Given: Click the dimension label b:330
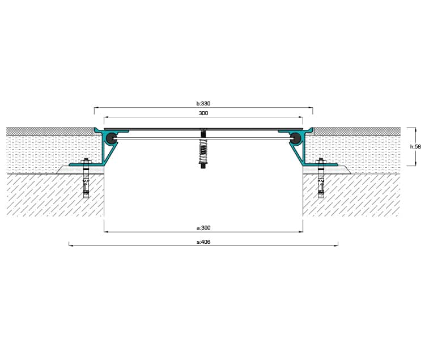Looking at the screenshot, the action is [203, 104].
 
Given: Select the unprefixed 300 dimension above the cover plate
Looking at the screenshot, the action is [203, 113].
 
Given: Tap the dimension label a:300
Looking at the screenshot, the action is [203, 228].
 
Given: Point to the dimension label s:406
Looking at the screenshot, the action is [203, 242].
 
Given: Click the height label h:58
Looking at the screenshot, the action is [415, 147].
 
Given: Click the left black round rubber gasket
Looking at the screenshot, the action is [111, 138].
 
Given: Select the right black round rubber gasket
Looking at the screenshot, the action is [296, 138].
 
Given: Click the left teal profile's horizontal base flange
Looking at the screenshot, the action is [87, 164].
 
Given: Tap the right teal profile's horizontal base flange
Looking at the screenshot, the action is [320, 164].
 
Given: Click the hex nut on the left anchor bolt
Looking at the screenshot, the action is [86, 162].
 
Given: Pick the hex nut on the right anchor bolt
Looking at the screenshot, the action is [321, 162].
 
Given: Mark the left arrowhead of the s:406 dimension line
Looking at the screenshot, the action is [70, 245].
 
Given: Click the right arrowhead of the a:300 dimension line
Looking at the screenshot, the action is [301, 232].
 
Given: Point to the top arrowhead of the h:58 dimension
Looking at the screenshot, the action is [415, 129].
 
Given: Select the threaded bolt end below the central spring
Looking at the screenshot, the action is [203, 166].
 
